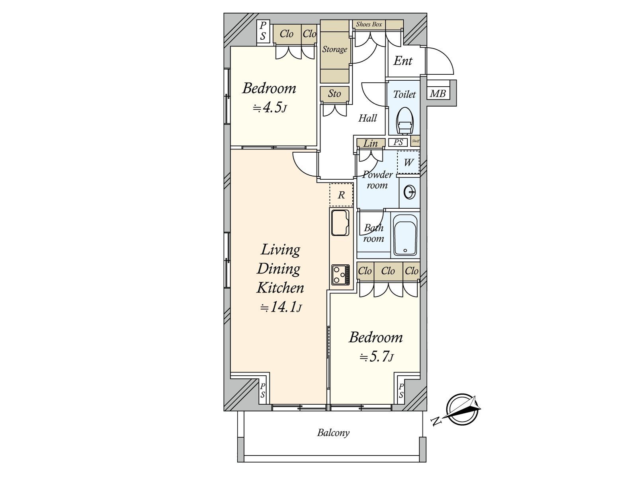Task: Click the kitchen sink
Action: (x=340, y=223)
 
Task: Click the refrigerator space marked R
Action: (x=341, y=195)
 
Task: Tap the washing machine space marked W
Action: (x=408, y=162)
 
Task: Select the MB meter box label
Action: (x=438, y=93)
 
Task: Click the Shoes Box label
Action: (x=369, y=24)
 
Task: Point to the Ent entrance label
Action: (x=403, y=61)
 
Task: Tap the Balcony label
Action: (x=333, y=433)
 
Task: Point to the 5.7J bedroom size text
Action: (x=377, y=357)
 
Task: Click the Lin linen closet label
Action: (x=371, y=143)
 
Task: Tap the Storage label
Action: (x=334, y=49)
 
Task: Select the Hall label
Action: (x=368, y=118)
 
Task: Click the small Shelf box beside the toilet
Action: (x=416, y=141)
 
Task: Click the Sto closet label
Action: (x=334, y=93)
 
